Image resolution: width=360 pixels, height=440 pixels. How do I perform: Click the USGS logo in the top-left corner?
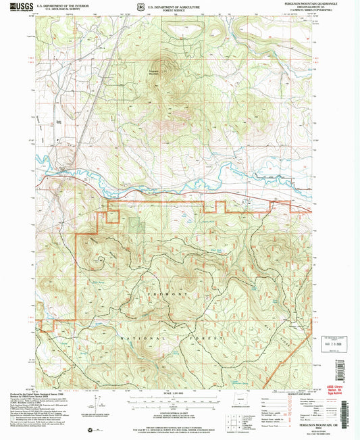coord(15,7)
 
